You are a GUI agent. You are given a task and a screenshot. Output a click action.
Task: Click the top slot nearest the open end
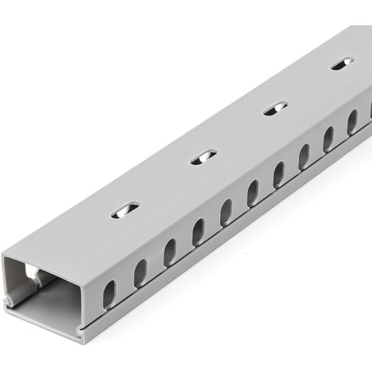[x=125, y=209]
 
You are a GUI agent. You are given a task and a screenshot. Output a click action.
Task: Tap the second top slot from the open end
[x=203, y=156]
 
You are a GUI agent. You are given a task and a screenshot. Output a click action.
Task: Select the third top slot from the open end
[x=276, y=108]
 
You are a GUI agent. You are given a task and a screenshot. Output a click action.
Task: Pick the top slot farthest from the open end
[x=342, y=63]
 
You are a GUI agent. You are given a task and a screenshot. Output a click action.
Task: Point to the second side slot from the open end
[x=140, y=273]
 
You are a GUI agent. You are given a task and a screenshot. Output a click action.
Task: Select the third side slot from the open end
[x=170, y=252]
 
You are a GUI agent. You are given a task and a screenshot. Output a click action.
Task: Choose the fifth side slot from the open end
[x=226, y=213]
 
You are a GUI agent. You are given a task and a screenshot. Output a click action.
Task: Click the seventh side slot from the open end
[x=279, y=174]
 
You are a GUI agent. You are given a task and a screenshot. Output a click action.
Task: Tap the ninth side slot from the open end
[x=328, y=138]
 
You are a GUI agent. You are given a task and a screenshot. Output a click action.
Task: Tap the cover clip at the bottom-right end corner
[x=82, y=332]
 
